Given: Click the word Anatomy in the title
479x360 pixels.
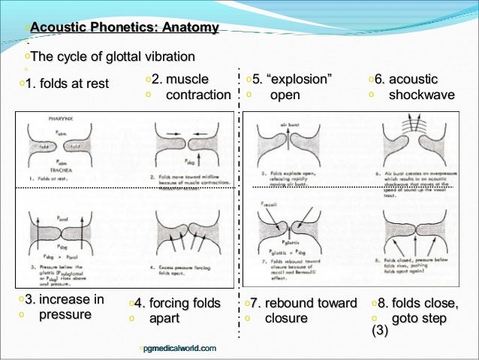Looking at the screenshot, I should (x=187, y=28).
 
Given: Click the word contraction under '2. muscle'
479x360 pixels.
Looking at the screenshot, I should (x=198, y=95).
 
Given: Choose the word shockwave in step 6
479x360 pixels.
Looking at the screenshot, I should (x=421, y=95).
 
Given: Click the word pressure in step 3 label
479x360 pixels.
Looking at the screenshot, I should (x=64, y=314).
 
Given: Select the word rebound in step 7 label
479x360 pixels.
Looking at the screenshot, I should (x=300, y=303).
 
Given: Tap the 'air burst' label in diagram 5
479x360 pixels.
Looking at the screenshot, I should (x=289, y=122).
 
